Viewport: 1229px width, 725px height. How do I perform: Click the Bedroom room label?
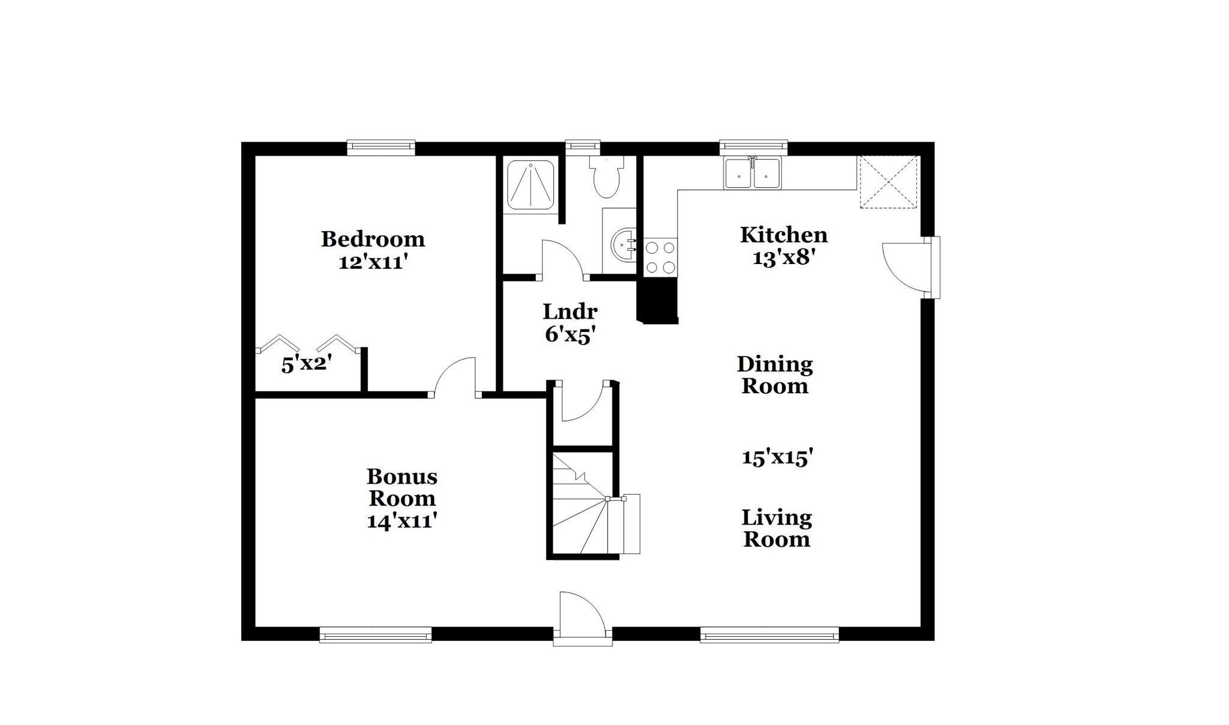[373, 239]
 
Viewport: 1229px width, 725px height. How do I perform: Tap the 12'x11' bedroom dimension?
[373, 262]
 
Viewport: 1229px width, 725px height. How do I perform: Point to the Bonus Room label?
[402, 487]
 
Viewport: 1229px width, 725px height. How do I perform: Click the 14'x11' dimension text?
[401, 520]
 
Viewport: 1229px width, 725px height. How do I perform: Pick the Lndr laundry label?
[570, 311]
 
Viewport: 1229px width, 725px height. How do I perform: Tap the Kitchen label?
[784, 235]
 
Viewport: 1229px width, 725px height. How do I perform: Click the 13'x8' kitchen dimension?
[784, 257]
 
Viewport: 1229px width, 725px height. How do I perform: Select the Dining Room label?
[775, 375]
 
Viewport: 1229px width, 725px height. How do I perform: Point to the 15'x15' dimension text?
[778, 458]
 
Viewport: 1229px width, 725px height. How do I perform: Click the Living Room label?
[777, 528]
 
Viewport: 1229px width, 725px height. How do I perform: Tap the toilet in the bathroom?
[606, 176]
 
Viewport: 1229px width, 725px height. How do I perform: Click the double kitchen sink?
[753, 173]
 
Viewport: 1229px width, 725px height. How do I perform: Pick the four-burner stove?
[660, 257]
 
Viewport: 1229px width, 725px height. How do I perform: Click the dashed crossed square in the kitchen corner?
[888, 182]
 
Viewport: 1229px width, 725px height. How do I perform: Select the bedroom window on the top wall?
[381, 148]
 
